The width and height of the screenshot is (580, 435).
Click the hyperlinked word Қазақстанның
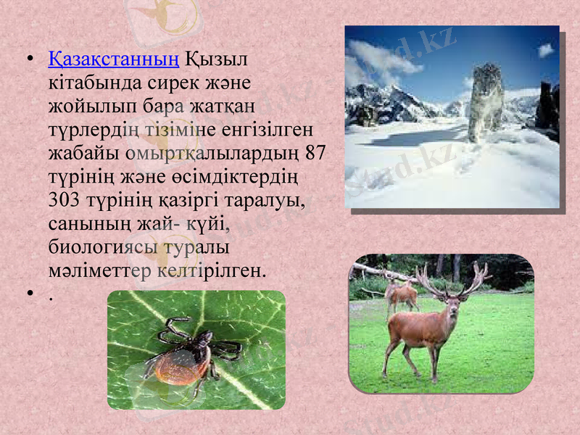click(x=114, y=57)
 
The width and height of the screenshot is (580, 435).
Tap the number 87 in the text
click(x=315, y=152)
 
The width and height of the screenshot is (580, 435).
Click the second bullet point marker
click(x=28, y=295)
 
